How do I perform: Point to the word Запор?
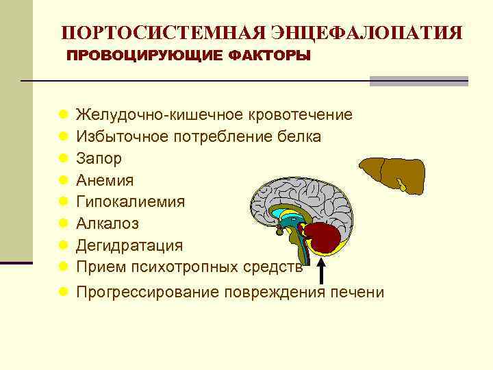pyautogui.click(x=99, y=158)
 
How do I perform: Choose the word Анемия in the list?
pyautogui.click(x=105, y=180)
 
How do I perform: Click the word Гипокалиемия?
pyautogui.click(x=130, y=201)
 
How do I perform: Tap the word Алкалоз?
pyautogui.click(x=108, y=223)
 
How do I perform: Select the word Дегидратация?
pyautogui.click(x=129, y=245)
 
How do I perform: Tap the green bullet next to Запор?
pyautogui.click(x=63, y=158)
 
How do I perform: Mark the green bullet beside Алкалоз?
pyautogui.click(x=63, y=223)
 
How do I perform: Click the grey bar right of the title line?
pyautogui.click(x=418, y=81)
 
